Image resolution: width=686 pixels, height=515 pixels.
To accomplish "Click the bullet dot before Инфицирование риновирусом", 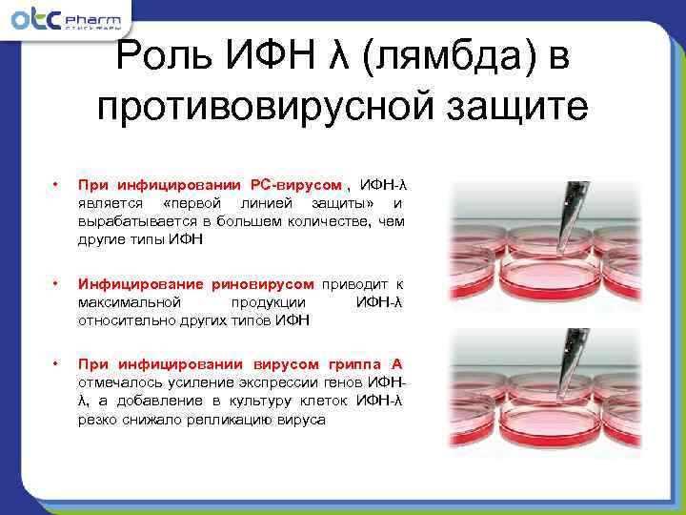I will [57, 284].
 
